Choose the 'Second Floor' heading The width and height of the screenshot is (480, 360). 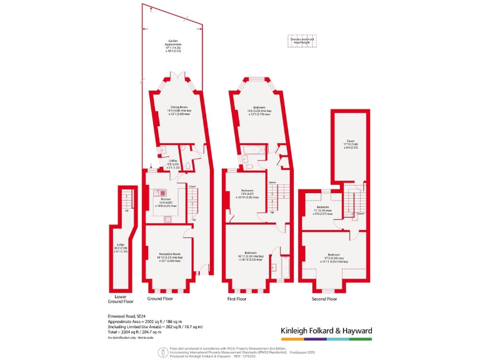(324, 299)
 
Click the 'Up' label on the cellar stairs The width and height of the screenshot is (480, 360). (127, 210)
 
